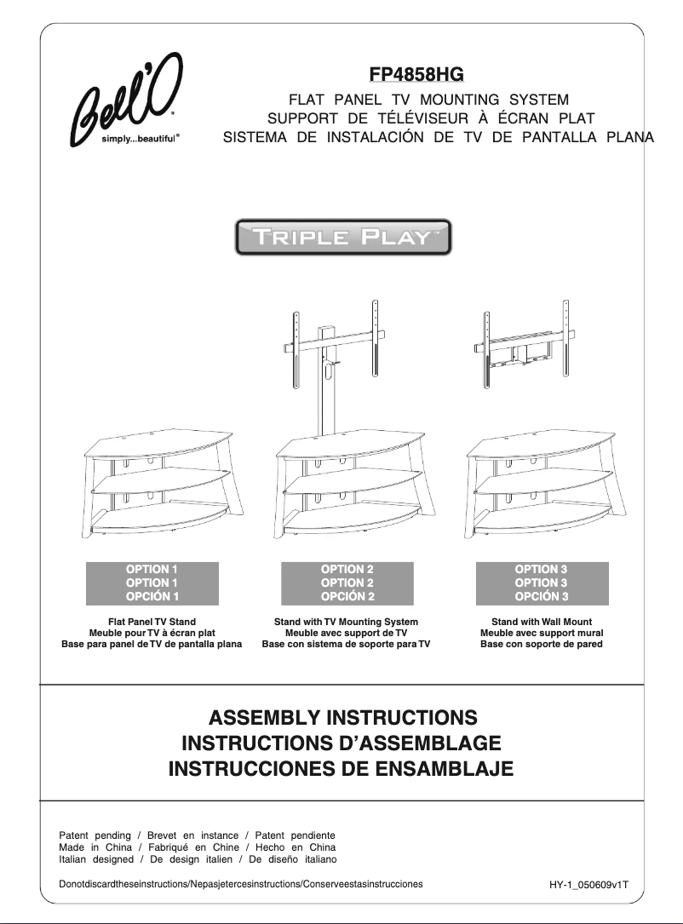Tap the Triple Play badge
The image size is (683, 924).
342,238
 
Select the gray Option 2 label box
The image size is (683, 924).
347,583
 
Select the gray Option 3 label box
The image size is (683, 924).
542,583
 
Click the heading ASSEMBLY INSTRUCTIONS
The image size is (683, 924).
342,717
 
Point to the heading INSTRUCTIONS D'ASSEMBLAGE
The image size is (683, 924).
341,743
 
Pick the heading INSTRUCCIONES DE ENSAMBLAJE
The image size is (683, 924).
341,770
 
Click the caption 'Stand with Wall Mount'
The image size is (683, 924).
542,622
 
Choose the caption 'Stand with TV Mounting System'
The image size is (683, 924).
346,622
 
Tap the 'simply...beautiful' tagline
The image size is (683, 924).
141,138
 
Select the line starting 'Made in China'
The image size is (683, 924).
197,847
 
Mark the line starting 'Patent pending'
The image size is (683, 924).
197,835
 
